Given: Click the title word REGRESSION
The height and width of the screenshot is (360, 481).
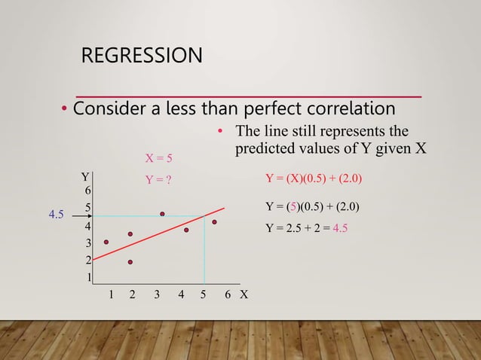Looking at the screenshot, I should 142,56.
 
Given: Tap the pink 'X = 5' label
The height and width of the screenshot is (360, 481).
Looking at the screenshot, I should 158,158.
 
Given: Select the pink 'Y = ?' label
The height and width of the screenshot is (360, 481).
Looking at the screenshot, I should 158,179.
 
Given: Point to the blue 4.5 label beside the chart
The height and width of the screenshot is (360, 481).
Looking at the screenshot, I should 56,215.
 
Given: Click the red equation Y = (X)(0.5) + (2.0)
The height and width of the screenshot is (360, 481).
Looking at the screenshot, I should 314,178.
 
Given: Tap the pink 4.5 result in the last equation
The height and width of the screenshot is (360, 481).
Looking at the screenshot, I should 340,228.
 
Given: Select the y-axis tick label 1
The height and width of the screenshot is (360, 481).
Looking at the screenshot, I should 89,278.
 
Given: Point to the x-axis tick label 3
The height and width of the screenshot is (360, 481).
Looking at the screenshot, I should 157,295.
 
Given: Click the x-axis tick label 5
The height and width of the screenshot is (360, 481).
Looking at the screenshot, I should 204,295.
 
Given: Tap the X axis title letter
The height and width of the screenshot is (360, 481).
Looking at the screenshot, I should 244,295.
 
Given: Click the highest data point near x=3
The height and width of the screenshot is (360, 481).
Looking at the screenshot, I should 161,214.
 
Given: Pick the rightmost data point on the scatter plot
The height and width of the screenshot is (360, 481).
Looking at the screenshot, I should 214,222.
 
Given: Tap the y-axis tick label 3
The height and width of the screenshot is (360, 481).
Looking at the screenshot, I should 88,243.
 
